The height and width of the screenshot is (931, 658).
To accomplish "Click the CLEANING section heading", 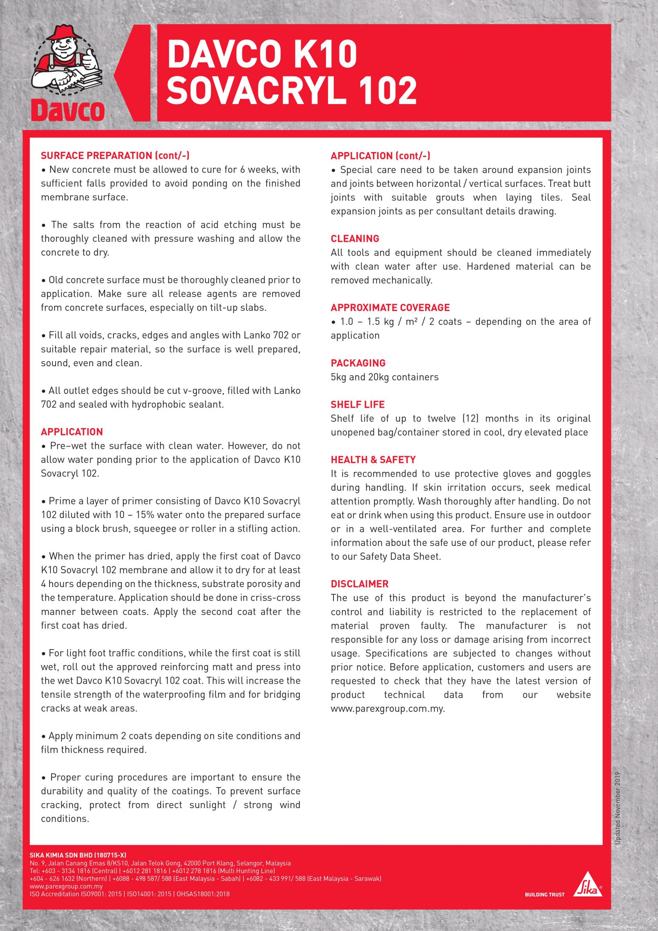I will [x=355, y=239].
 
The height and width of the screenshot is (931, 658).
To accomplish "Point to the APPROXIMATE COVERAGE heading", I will [x=390, y=307].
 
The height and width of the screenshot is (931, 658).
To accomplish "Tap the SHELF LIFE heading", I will [x=358, y=404].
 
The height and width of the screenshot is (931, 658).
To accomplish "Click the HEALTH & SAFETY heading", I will [x=373, y=459].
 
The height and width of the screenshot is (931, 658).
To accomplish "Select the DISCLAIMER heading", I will [x=359, y=584].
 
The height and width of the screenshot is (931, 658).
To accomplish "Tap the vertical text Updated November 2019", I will [x=618, y=811].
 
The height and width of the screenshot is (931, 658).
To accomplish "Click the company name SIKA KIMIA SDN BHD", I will [x=78, y=856].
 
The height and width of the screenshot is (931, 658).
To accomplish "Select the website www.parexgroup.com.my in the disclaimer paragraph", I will [x=387, y=709].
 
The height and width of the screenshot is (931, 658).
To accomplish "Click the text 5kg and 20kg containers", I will [x=384, y=377].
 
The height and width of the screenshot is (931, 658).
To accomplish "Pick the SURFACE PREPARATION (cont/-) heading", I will [x=115, y=155].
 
